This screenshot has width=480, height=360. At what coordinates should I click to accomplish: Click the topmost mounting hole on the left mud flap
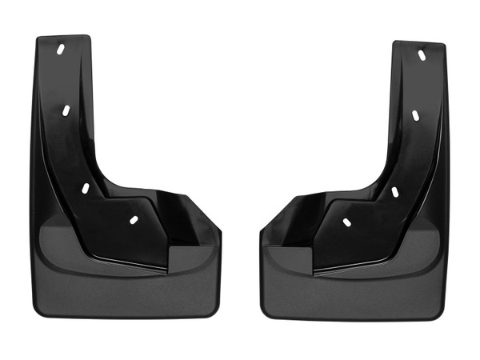pyautogui.click(x=62, y=50)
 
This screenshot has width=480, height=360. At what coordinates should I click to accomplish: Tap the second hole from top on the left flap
pyautogui.click(x=67, y=110)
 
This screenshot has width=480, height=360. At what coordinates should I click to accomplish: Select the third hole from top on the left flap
pyautogui.click(x=85, y=187)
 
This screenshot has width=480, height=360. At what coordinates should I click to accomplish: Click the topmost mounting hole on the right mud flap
pyautogui.click(x=421, y=55)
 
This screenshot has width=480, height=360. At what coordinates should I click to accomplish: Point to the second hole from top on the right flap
pyautogui.click(x=416, y=114)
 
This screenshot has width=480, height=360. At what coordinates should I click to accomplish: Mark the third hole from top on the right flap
pyautogui.click(x=394, y=191)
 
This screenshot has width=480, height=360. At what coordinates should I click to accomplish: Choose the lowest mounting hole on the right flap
pyautogui.click(x=346, y=222)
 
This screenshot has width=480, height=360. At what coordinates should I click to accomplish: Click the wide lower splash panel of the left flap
pyautogui.click(x=120, y=288)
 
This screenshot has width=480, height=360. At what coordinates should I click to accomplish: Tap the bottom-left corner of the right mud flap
pyautogui.click(x=265, y=315)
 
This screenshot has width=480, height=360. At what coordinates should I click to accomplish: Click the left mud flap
pyautogui.click(x=104, y=240)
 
